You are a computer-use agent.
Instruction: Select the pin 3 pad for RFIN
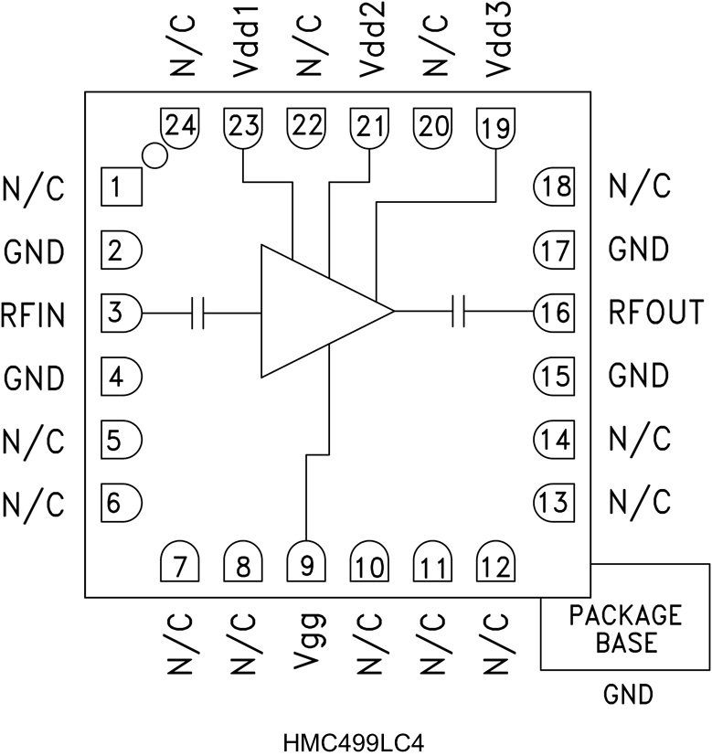click(x=121, y=313)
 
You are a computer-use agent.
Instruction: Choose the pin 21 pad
click(x=369, y=126)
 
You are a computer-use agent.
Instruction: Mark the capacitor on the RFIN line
click(x=198, y=313)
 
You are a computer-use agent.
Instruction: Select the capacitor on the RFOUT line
click(x=459, y=313)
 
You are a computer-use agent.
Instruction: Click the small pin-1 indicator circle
click(x=154, y=156)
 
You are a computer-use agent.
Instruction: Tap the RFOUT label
click(x=656, y=313)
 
